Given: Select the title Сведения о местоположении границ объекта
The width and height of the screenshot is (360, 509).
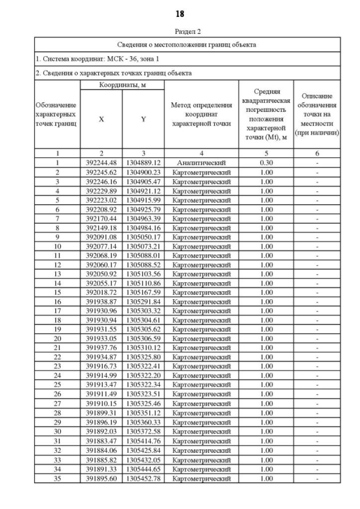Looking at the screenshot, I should [187, 44].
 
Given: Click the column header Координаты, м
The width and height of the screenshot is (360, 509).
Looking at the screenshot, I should [122, 84].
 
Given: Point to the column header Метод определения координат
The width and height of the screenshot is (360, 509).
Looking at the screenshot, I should [201, 115].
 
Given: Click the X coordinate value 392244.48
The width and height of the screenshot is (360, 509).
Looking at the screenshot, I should [101, 163].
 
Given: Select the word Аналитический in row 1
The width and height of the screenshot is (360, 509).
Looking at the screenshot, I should [201, 163].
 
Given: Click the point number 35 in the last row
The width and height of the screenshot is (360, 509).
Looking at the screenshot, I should [57, 479].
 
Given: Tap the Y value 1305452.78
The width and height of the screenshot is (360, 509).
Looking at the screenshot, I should [143, 479].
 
